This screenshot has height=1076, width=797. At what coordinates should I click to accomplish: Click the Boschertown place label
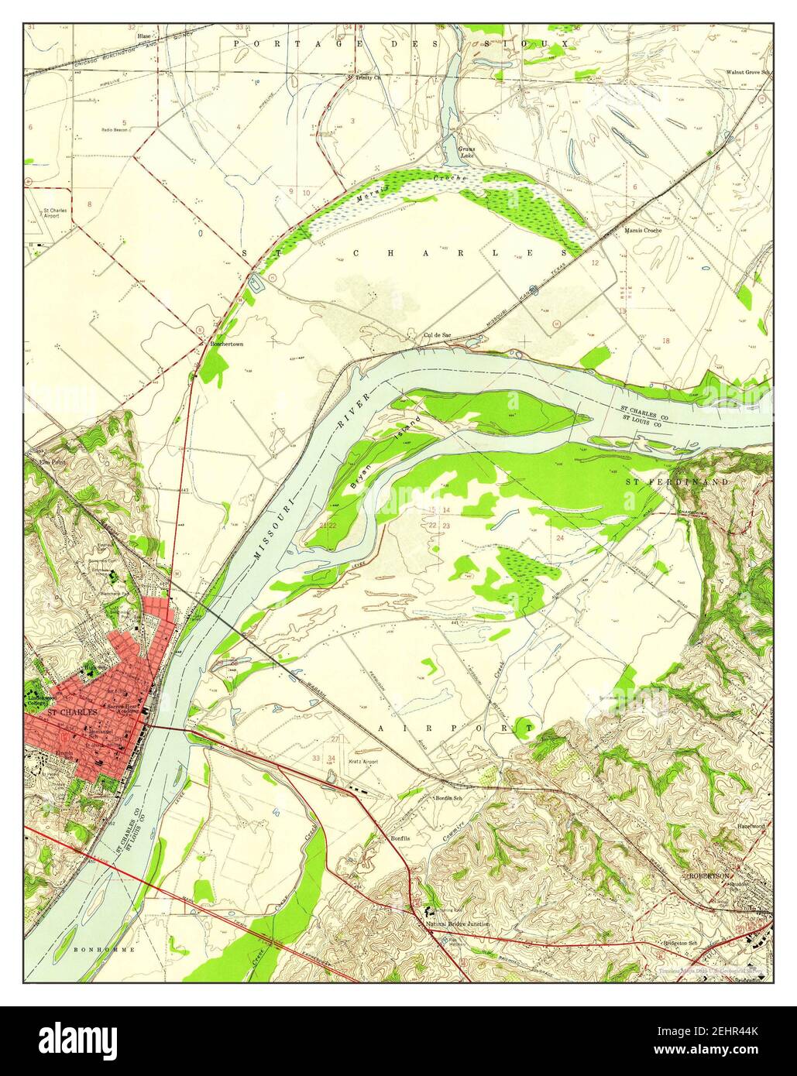[x=226, y=343]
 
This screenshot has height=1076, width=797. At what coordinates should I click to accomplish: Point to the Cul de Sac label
[x=437, y=335]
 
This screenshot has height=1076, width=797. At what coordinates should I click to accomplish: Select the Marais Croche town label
[x=641, y=231]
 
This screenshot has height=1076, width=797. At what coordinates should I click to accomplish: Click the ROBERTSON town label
[x=709, y=876]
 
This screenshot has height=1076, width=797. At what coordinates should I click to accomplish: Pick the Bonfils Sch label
[x=448, y=798]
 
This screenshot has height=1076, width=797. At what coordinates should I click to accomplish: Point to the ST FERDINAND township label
[x=676, y=482]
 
